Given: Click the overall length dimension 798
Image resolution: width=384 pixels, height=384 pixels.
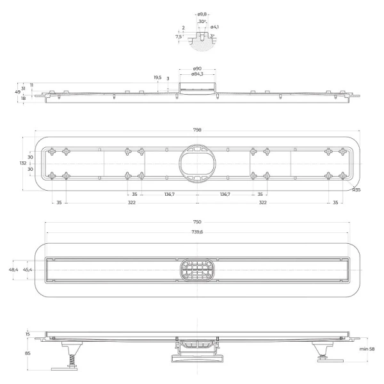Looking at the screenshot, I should [197, 129].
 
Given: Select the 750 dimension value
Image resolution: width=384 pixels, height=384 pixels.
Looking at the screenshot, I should [197, 222].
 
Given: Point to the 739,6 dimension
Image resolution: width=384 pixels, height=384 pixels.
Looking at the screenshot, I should [197, 232].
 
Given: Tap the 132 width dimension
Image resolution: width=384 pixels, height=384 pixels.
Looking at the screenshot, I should [23, 163].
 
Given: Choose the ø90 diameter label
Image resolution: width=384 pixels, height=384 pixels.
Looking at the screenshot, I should [197, 68].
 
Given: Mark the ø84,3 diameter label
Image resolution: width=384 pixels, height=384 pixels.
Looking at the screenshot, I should [197, 75].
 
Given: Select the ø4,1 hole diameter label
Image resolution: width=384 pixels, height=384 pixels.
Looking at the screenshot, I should [215, 27].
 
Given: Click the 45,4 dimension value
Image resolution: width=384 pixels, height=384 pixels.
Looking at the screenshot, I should [28, 270].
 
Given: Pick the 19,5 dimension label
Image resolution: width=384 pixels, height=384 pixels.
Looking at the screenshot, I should [157, 77].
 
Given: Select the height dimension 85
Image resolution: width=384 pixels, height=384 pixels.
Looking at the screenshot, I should [28, 353].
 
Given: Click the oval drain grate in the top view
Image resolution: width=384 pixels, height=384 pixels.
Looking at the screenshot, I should [197, 270].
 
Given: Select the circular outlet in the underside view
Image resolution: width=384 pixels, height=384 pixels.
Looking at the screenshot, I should [197, 163].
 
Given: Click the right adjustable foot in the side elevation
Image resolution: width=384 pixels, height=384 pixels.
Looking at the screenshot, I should [319, 351].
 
